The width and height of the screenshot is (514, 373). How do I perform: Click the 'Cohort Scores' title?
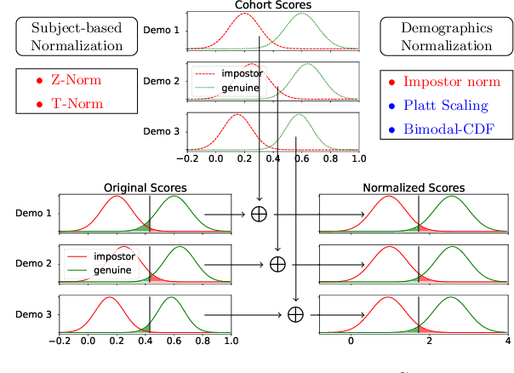(273, 6)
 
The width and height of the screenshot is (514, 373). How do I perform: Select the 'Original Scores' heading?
(145, 186)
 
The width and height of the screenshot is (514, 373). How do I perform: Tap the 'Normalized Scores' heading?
(414, 186)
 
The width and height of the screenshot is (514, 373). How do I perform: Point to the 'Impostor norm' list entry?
(448, 83)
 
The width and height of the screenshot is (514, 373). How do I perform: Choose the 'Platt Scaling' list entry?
(446, 106)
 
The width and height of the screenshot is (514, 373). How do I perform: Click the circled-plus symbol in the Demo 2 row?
(277, 264)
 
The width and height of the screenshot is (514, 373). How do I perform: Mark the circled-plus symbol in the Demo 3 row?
(295, 314)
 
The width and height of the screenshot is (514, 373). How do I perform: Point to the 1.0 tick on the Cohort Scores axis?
(357, 158)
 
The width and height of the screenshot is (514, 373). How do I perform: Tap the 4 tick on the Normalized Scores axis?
(507, 341)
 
